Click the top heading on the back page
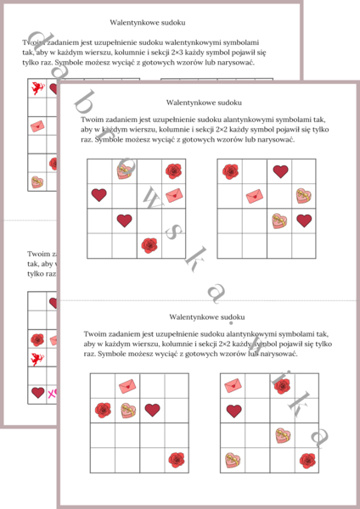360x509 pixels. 148,23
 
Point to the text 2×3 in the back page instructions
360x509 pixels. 216,52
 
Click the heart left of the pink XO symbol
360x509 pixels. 37,393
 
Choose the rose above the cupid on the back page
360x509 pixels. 37,339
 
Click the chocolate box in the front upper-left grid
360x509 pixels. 125,171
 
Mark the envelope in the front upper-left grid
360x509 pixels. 173,196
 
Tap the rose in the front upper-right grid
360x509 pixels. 230,171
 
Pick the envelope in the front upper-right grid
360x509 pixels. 255,196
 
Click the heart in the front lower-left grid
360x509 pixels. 152,410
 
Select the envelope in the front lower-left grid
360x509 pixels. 127,386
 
